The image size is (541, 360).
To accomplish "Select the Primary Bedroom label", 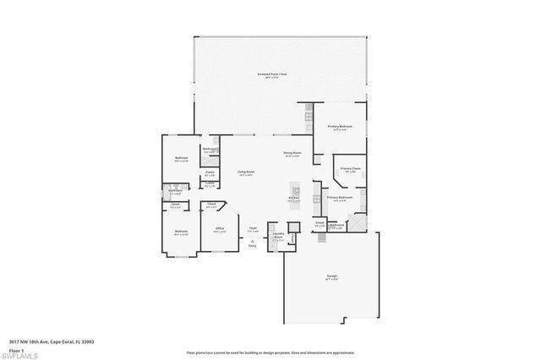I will [x=339, y=126].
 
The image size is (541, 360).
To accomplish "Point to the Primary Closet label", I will [x=350, y=169].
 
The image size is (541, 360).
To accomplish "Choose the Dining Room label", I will [x=293, y=154].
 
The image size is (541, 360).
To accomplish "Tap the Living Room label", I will [x=246, y=172].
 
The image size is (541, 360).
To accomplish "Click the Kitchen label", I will [x=293, y=199].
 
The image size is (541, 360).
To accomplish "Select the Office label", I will [x=219, y=229].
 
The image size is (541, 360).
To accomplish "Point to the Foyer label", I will [x=252, y=228].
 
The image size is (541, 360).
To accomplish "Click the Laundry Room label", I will [x=278, y=237].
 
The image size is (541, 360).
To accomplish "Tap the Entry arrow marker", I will [x=252, y=240].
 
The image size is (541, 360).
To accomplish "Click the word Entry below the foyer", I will [x=252, y=246].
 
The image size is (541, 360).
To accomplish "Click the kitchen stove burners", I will [x=315, y=194].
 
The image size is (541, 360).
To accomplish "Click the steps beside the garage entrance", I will [x=321, y=241].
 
